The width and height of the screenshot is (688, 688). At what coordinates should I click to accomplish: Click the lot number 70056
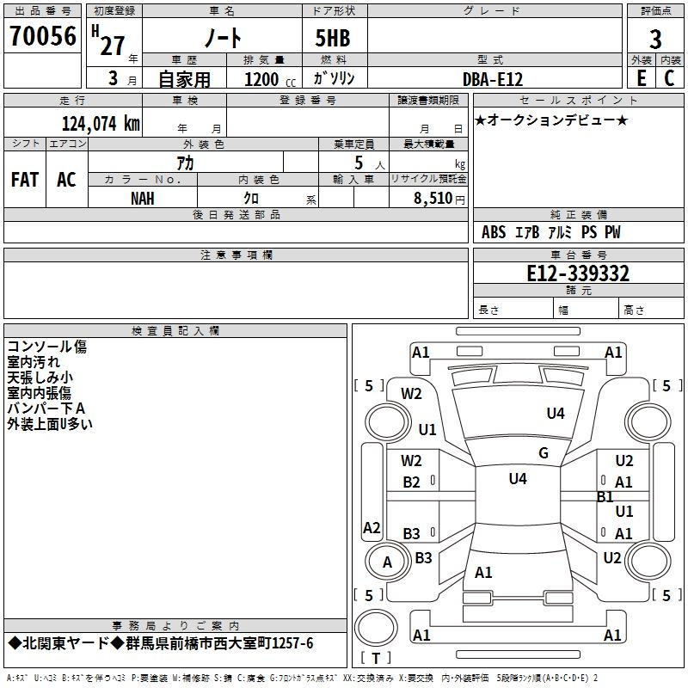pos(42,36)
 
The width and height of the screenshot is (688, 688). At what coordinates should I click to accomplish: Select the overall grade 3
pos(655,40)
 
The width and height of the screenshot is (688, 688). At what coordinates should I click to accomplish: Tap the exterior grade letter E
pos(641,78)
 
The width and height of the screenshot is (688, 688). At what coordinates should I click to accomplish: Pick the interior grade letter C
pos(669,78)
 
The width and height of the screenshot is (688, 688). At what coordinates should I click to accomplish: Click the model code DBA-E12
pos(493,79)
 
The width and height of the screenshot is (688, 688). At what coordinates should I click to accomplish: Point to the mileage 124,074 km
pos(101,124)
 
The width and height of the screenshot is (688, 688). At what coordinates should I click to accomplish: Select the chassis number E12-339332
pos(578,273)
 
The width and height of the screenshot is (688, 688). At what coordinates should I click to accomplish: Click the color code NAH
pos(143,199)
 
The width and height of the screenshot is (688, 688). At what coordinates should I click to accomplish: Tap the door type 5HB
pos(333,38)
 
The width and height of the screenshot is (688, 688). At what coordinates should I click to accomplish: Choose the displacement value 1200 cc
pos(270,79)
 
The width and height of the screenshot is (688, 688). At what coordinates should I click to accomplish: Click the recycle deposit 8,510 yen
pos(439,199)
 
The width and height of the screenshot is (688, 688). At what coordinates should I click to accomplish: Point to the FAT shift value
pos(25,180)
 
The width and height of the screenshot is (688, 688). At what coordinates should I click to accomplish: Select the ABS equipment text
pos(494,232)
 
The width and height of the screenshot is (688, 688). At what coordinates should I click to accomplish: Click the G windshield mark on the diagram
pos(544,453)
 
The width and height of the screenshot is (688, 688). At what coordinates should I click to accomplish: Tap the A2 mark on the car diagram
pos(372,527)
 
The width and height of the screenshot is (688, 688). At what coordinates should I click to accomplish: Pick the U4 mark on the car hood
pos(556,413)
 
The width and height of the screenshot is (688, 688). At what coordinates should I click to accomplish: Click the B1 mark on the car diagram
pos(605,497)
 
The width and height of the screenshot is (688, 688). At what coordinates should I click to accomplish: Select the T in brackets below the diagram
pos(376,658)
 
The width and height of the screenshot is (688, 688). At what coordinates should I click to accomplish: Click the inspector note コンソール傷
pos(47,347)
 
